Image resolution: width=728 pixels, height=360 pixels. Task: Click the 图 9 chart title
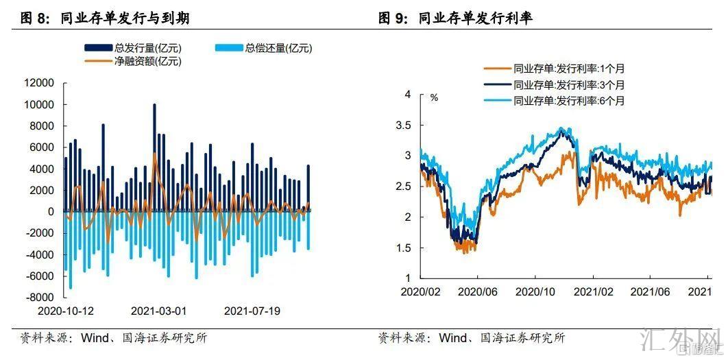(x=455, y=19)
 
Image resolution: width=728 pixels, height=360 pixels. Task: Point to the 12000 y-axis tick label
(x=39, y=83)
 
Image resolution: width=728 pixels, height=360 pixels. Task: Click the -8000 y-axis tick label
(x=39, y=298)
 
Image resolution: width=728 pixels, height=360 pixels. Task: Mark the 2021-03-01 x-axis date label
(x=158, y=311)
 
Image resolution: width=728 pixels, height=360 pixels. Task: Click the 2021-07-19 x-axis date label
(x=252, y=311)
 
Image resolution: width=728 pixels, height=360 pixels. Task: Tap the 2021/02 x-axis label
(x=592, y=291)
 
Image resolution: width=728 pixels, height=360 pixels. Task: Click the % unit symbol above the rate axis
(x=434, y=97)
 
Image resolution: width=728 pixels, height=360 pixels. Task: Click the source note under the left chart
(x=113, y=338)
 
